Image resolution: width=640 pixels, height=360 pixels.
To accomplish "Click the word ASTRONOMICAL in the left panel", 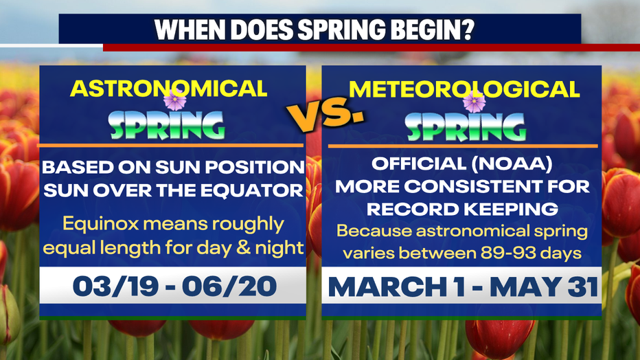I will click(169, 88).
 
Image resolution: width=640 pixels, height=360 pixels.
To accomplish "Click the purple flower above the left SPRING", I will click(175, 101).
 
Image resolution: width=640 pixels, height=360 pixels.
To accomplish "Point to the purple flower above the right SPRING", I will click(474, 102).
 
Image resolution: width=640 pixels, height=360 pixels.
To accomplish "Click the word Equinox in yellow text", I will click(91, 224).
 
